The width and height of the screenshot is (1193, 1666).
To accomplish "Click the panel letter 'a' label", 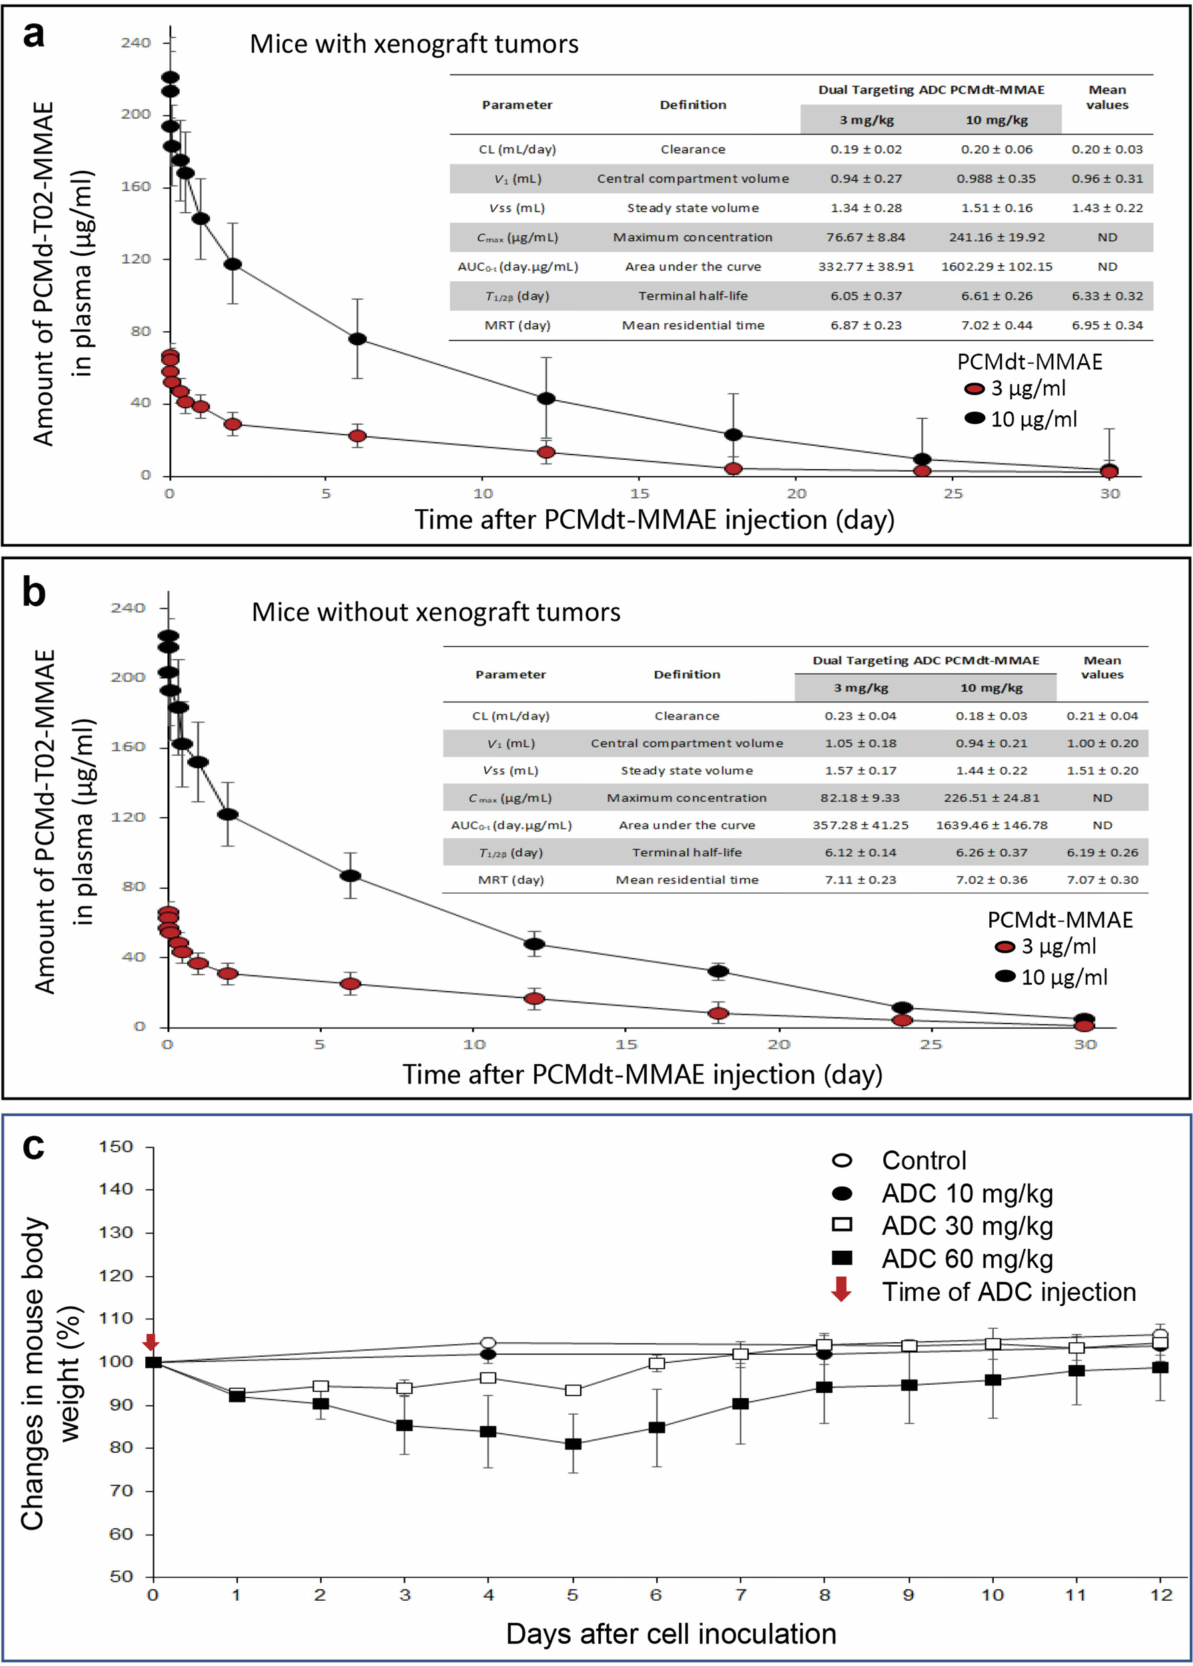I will point(33,34).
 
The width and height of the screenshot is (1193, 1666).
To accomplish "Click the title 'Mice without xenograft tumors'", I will point(436,612).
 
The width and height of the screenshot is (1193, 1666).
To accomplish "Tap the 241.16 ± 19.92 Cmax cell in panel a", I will point(996,237).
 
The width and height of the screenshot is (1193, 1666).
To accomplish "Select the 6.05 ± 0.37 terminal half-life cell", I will point(865,296).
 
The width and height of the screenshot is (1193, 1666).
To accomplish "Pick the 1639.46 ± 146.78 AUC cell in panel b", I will point(991,825).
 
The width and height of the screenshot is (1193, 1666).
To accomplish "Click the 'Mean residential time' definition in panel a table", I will point(692,325).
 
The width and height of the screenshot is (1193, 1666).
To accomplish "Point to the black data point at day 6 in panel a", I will point(358,339).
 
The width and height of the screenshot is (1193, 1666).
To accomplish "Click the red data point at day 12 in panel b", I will point(534,999).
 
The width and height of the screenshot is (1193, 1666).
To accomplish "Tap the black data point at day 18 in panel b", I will point(718,971).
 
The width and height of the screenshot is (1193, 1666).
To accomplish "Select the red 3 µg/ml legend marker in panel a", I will point(975,389).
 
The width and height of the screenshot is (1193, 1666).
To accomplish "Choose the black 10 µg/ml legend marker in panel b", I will point(1005,976).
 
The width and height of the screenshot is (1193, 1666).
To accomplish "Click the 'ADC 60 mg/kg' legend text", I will point(967,1258).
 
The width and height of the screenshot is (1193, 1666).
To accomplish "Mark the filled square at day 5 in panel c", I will point(573,1444).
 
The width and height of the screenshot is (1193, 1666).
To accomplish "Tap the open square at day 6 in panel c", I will point(657,1363).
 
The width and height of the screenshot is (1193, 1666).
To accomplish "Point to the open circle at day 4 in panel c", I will point(488,1343).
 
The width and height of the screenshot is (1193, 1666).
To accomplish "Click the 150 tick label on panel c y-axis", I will point(115,1147).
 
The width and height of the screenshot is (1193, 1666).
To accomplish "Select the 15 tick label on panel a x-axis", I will point(639,494).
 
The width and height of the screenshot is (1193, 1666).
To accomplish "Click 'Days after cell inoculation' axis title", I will point(670,1633).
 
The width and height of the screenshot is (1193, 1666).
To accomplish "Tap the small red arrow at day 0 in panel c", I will point(151,1342).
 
